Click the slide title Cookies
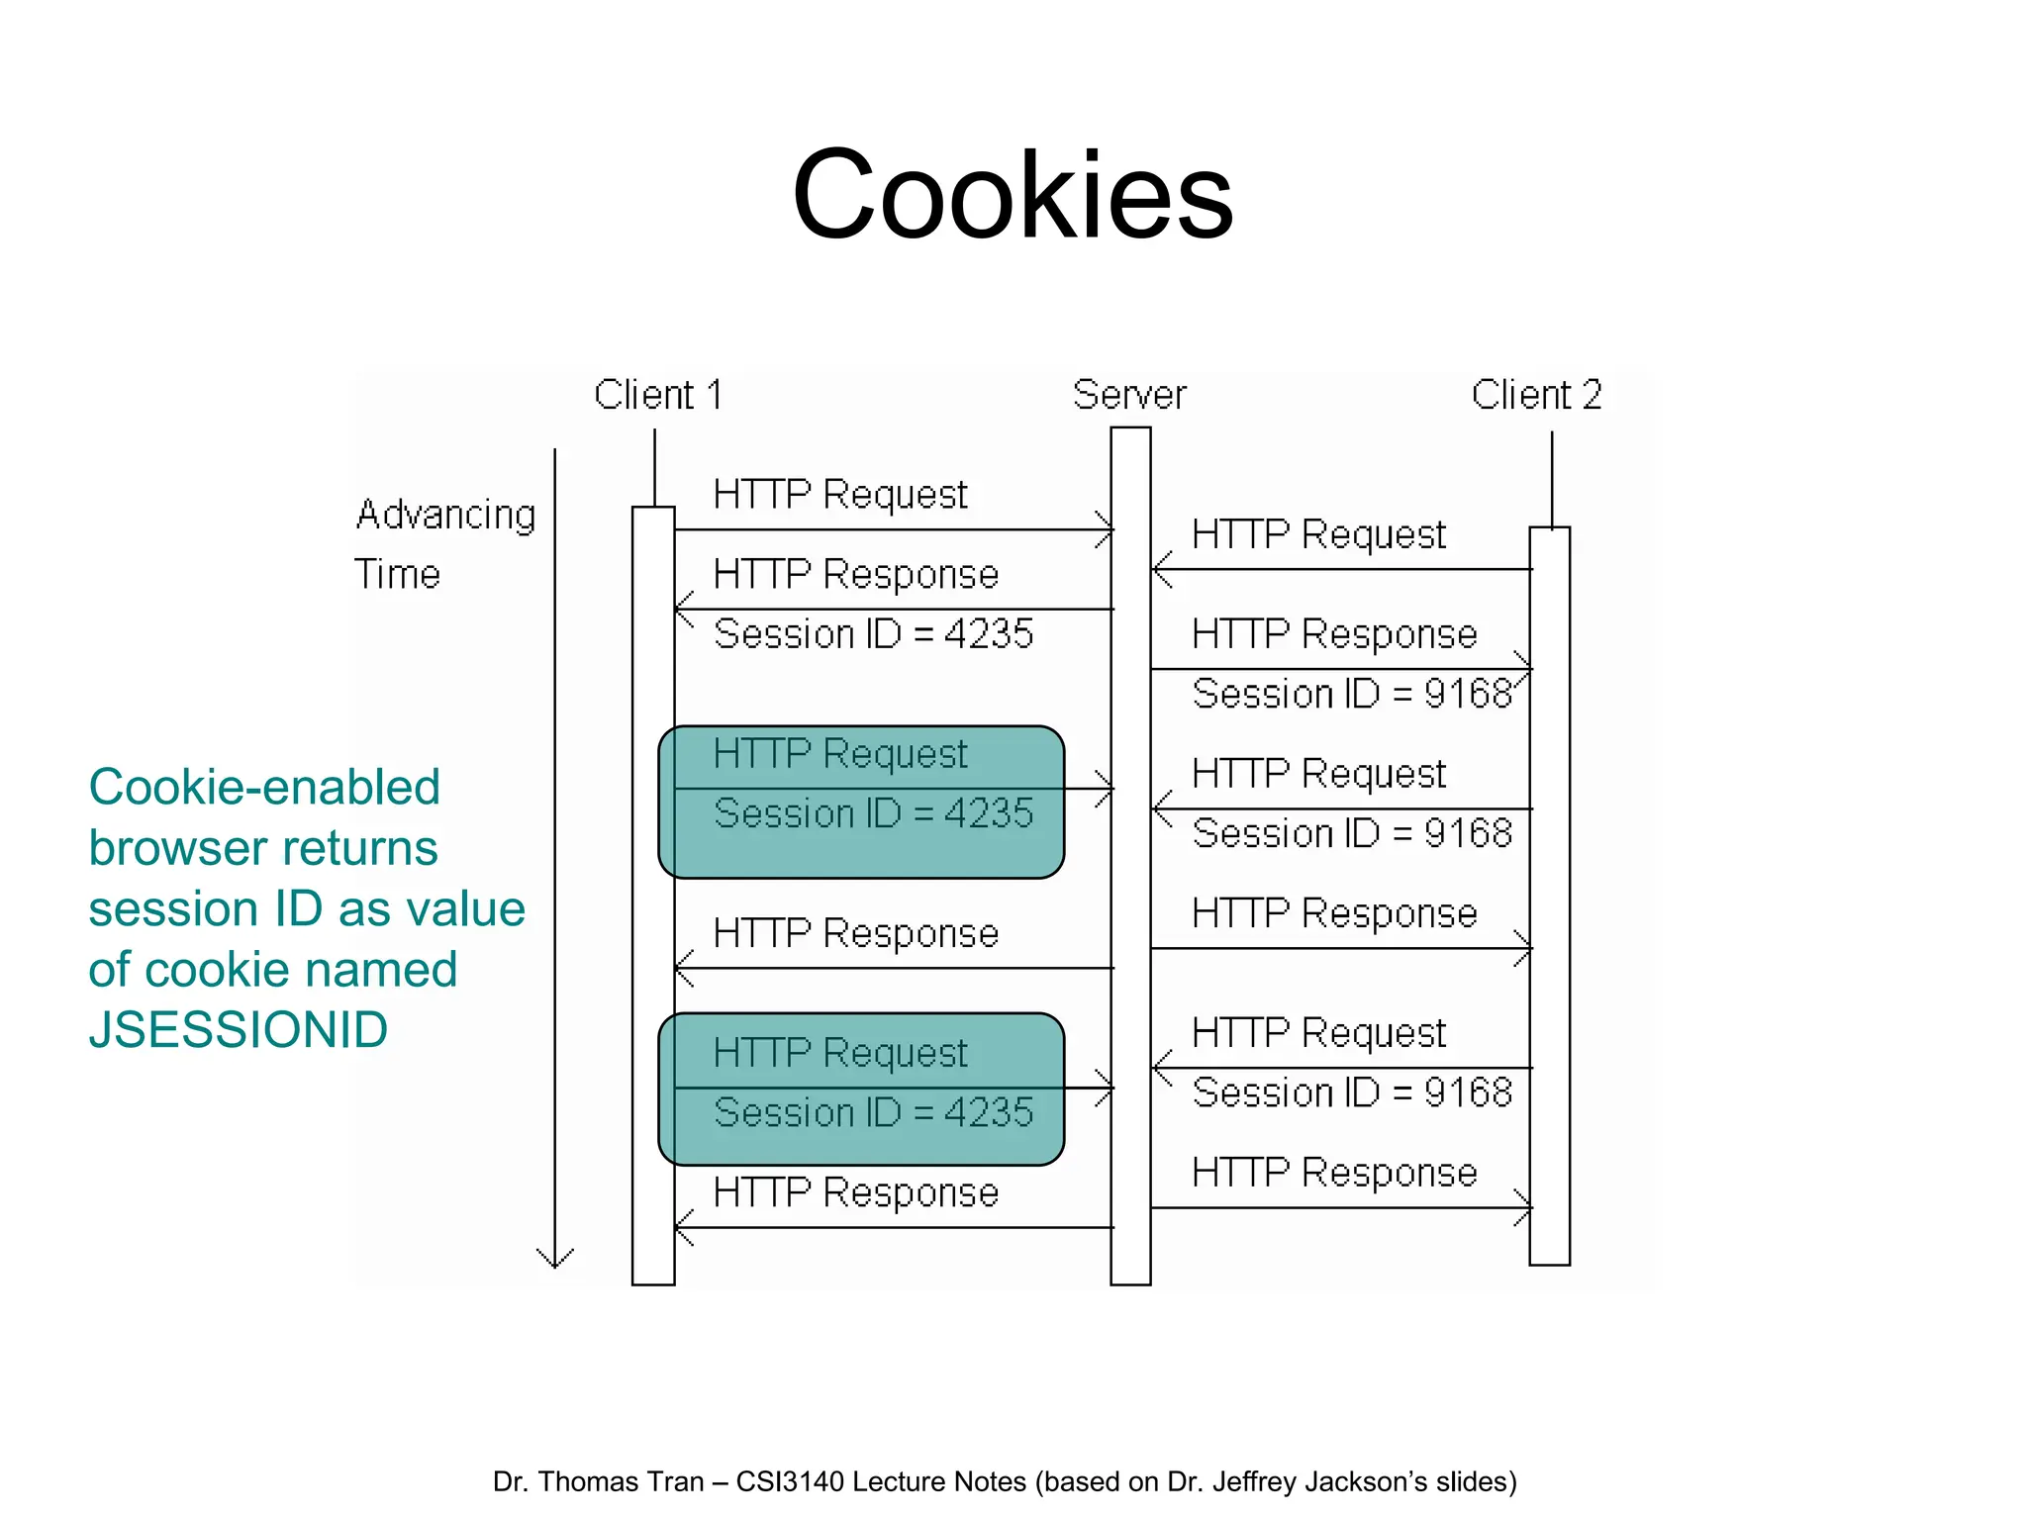pyautogui.click(x=1013, y=194)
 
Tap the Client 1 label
pyautogui.click(x=657, y=395)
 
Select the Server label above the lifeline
pyautogui.click(x=1129, y=395)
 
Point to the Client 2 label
pyautogui.click(x=1536, y=395)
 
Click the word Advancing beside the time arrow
pyautogui.click(x=445, y=516)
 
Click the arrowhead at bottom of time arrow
pyautogui.click(x=555, y=1260)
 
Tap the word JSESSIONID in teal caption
pyautogui.click(x=238, y=1030)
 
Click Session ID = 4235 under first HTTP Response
pyautogui.click(x=873, y=633)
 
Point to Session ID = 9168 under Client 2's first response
pyautogui.click(x=1352, y=694)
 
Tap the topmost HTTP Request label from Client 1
pyautogui.click(x=839, y=494)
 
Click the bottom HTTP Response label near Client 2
pyautogui.click(x=1334, y=1173)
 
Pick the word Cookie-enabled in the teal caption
pyautogui.click(x=263, y=788)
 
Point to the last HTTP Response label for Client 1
pyautogui.click(x=855, y=1192)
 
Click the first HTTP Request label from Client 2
pyautogui.click(x=1318, y=534)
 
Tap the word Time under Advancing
pyautogui.click(x=397, y=574)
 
